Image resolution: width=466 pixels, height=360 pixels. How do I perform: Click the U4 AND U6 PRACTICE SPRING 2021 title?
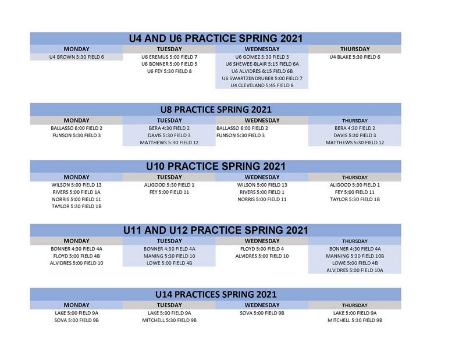click(216, 38)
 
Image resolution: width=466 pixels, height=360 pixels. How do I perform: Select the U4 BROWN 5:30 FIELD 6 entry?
click(77, 57)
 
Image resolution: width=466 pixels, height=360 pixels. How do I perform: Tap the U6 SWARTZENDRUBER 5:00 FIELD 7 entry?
click(262, 79)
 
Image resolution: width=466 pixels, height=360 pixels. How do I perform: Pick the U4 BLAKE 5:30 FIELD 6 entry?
click(354, 57)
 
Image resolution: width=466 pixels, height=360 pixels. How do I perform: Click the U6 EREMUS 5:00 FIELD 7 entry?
click(169, 57)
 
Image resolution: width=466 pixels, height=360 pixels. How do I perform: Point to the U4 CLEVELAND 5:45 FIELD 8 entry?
click(262, 85)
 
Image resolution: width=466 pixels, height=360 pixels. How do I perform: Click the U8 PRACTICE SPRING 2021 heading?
click(216, 109)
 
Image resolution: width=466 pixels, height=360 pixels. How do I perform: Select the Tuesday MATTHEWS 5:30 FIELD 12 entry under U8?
click(169, 142)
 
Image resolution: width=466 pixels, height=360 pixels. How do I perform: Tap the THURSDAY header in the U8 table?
click(354, 120)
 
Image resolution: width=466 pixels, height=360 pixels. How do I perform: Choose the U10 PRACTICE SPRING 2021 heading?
click(216, 166)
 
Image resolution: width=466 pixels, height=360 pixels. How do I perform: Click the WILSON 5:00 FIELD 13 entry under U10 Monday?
click(77, 185)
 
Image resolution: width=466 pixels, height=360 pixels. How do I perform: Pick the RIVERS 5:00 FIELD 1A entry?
click(77, 192)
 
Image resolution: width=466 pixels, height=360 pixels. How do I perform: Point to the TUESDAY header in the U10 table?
click(169, 177)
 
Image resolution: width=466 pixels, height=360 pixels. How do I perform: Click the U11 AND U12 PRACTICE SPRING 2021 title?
click(216, 230)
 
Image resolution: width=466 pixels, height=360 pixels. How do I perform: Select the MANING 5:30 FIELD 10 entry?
click(169, 256)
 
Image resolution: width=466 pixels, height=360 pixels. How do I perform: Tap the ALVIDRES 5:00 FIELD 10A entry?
click(354, 270)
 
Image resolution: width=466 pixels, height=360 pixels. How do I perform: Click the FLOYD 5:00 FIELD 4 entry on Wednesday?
click(262, 249)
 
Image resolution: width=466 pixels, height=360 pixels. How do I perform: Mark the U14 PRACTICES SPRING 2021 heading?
click(216, 294)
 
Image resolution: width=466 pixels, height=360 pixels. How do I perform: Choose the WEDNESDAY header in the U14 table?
click(262, 305)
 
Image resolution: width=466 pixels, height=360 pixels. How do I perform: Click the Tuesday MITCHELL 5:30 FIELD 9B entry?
click(169, 320)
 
